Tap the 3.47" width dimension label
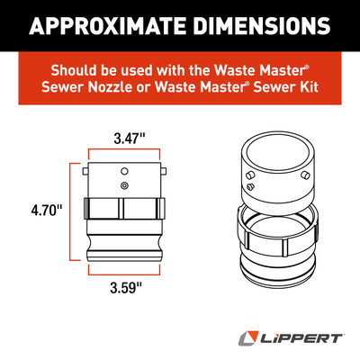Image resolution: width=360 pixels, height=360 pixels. coord(130,139)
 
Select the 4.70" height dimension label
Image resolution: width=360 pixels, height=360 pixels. coord(46,210)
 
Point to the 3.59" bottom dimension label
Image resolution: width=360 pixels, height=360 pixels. coord(125,288)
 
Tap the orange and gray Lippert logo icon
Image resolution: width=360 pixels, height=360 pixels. coord(248,338)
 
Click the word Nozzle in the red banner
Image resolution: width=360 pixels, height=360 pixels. coord(110,87)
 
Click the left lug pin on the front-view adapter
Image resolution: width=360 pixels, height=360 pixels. coord(85,171)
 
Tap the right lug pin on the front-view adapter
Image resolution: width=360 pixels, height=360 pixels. coord(163,171)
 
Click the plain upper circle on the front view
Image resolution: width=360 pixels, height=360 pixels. coord(124,171)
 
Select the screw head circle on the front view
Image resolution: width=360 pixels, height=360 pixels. coord(124,185)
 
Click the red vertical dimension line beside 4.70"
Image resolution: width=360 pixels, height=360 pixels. coord(70,211)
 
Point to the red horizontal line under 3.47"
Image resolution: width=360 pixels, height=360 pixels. coord(124,149)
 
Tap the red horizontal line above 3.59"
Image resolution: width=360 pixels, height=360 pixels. coord(124,274)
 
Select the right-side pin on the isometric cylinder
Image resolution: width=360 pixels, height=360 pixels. coord(305,175)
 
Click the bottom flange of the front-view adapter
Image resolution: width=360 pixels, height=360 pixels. coord(124,256)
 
